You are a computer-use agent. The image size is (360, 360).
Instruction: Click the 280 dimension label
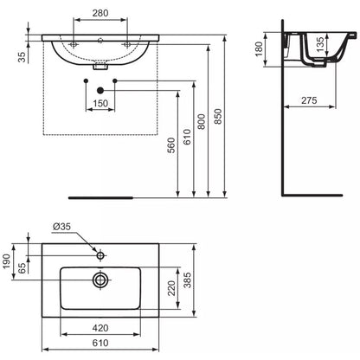(100, 13)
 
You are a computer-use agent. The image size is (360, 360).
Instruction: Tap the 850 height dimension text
(219, 116)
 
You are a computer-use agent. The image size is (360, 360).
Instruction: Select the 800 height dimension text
(202, 121)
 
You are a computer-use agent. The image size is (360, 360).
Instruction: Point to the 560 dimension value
(170, 145)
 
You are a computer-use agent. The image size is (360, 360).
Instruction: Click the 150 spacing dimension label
(100, 103)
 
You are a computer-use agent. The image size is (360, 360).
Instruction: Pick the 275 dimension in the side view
(309, 100)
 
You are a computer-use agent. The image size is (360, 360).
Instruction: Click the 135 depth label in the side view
(320, 44)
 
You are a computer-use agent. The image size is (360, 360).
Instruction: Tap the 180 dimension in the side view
(259, 49)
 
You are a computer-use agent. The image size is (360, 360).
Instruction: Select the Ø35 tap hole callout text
(61, 227)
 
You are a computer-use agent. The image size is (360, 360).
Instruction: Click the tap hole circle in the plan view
(100, 255)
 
